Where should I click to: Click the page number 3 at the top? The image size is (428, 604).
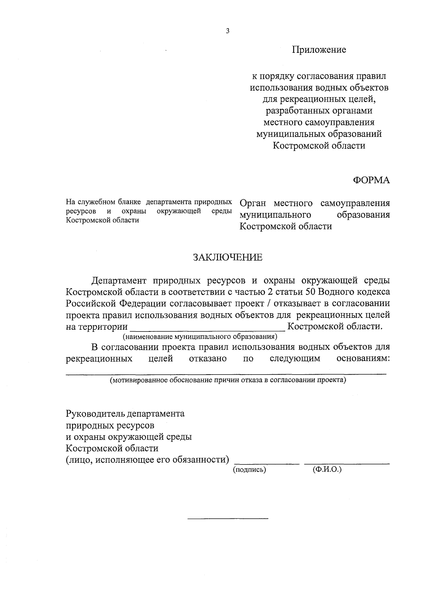(228, 31)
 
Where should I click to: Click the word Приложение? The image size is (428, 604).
(319, 50)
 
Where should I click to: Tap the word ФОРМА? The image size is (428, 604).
(371, 181)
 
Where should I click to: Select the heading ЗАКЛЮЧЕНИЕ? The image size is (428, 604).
(228, 258)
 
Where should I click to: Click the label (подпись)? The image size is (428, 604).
(250, 470)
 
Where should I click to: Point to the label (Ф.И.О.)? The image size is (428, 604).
(327, 470)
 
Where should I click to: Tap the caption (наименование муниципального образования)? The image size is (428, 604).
(200, 336)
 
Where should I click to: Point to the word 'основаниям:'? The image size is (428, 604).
(363, 359)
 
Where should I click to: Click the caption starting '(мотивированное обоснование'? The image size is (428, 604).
(228, 380)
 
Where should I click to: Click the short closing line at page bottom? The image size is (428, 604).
(228, 518)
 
